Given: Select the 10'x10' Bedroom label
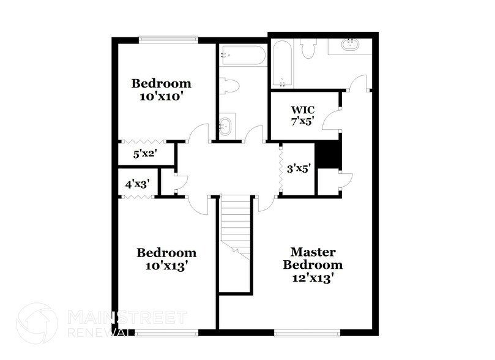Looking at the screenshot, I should pos(162,89).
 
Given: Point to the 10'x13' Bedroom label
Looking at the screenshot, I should pos(166,259).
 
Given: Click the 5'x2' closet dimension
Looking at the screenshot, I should pos(146,154).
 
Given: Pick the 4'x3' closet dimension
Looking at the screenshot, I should pos(138,183).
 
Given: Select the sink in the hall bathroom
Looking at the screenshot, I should pos(226,127).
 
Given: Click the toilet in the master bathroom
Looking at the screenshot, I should pos(307,49).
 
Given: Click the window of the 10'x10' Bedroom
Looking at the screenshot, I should pos(168,40).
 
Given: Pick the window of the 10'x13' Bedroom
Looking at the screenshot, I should pos(167,332).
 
